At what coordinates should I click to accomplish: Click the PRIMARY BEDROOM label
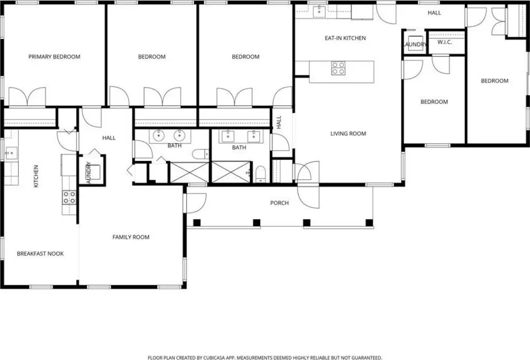pos(54,57)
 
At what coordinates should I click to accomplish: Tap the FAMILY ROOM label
pos(131,237)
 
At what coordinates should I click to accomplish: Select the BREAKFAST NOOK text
pos(40,253)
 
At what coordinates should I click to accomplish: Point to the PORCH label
pos(279,203)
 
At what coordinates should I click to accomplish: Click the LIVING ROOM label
pos(348,134)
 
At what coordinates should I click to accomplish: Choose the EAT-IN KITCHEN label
pos(345,38)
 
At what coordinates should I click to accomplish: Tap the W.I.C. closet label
pos(445,42)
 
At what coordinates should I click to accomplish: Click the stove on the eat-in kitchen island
pos(338,68)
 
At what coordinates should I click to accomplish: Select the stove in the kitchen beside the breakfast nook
pos(69,197)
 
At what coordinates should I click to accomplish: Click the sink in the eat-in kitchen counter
pos(319,11)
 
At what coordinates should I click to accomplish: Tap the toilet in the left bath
pos(201,154)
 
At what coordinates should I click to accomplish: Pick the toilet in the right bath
pos(260,174)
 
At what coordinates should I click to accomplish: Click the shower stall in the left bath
pos(189,172)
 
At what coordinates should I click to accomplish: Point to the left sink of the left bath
pos(158,136)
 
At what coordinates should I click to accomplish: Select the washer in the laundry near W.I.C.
pos(416,43)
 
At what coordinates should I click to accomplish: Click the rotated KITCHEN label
pos(36,176)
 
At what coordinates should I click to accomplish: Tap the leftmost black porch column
pos(197,223)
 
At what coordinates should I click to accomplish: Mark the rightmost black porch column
pos(369,223)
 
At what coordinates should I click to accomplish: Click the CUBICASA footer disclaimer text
pos(265,357)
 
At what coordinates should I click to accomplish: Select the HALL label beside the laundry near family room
pos(109,138)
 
